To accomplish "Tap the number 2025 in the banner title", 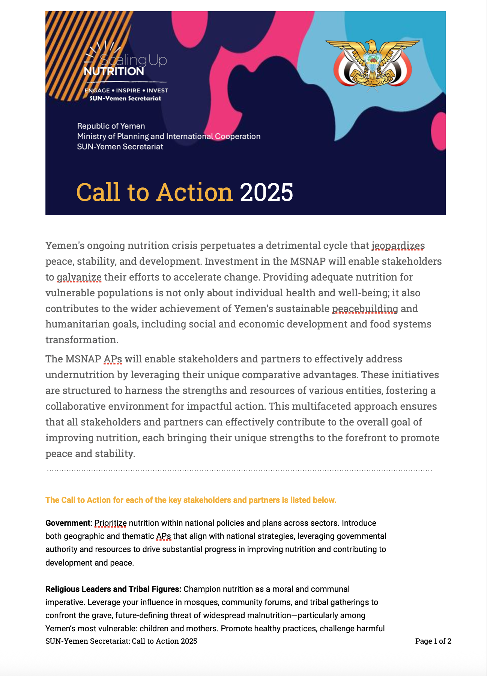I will [266, 193].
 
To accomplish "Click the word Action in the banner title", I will [195, 193].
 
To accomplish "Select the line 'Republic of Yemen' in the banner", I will [111, 126].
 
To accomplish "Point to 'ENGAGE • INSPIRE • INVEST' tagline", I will [126, 91].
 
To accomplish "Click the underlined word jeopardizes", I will [398, 246].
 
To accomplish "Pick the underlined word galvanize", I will [79, 277].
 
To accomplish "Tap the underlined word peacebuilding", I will [365, 309].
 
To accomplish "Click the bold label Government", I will [68, 523].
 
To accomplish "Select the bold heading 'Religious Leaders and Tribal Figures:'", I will [113, 589].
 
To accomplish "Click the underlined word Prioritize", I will [110, 523].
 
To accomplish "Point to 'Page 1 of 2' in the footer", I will [433, 641].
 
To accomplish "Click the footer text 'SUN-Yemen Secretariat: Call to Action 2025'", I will [121, 641].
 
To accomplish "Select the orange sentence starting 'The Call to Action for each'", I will [191, 500].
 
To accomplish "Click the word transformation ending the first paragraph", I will [81, 340].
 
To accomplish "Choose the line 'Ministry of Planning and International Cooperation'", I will [168, 136].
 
